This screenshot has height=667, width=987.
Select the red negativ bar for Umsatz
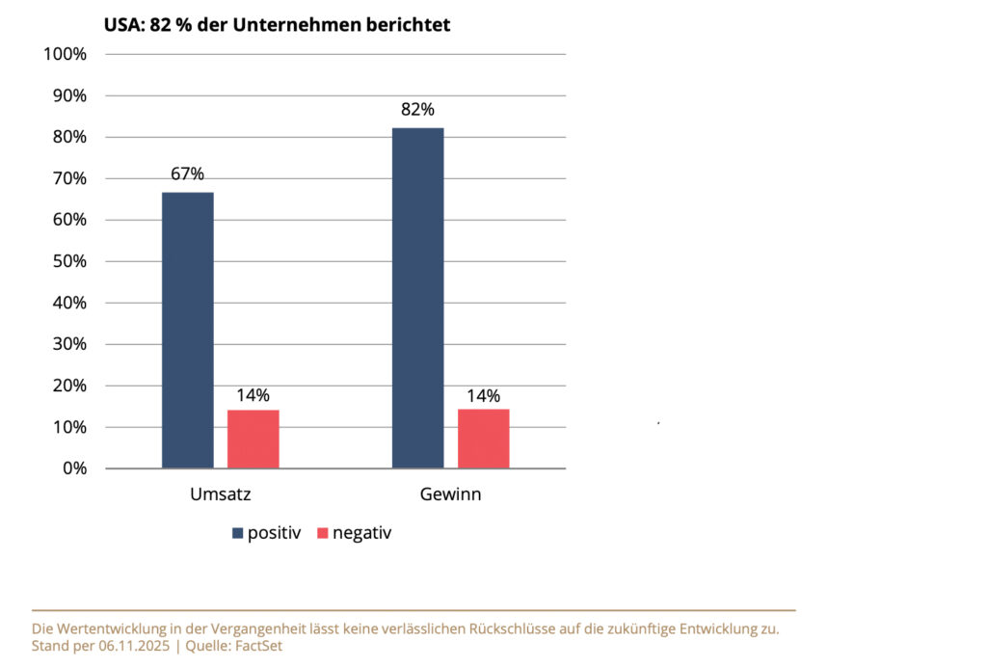click(x=253, y=440)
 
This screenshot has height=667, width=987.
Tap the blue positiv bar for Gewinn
click(x=418, y=298)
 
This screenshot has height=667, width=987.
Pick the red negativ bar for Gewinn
click(x=484, y=439)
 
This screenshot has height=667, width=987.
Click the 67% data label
click(x=188, y=174)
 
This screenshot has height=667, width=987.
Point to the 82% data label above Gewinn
click(x=418, y=110)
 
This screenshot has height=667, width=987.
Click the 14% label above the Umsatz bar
click(x=253, y=395)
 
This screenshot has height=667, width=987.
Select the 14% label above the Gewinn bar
click(x=484, y=395)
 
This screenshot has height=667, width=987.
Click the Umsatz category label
click(x=221, y=495)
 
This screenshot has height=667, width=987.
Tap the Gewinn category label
click(x=451, y=495)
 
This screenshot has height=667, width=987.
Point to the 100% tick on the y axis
click(x=67, y=54)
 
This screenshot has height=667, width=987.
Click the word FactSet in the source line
click(x=254, y=646)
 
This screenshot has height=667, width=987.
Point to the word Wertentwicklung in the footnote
click(x=108, y=628)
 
